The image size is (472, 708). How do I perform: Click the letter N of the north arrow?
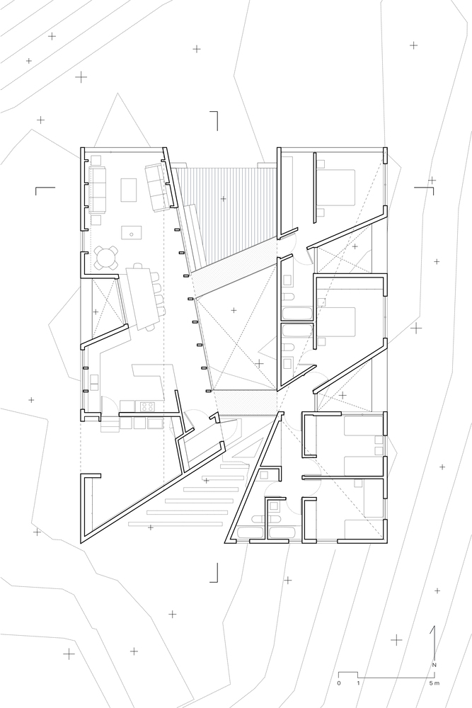(x=434, y=665)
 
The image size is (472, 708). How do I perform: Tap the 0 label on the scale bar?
(x=339, y=683)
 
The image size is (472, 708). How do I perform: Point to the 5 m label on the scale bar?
(x=434, y=683)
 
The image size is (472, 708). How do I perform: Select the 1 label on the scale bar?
(x=358, y=683)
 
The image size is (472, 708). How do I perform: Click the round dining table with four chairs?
(x=106, y=258)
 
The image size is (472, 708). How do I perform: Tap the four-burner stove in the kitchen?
(x=146, y=406)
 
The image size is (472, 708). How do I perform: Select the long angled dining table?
(x=143, y=299)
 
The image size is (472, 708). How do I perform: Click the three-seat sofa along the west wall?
(x=97, y=190)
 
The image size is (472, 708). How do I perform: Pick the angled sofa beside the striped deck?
(x=159, y=188)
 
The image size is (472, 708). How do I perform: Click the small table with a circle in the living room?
(x=132, y=234)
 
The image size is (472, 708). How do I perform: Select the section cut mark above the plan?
(x=214, y=120)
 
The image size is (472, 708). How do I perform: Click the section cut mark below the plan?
(x=214, y=573)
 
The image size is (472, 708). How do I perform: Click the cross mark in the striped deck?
(x=223, y=198)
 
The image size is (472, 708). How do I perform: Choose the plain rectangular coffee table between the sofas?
(x=129, y=190)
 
